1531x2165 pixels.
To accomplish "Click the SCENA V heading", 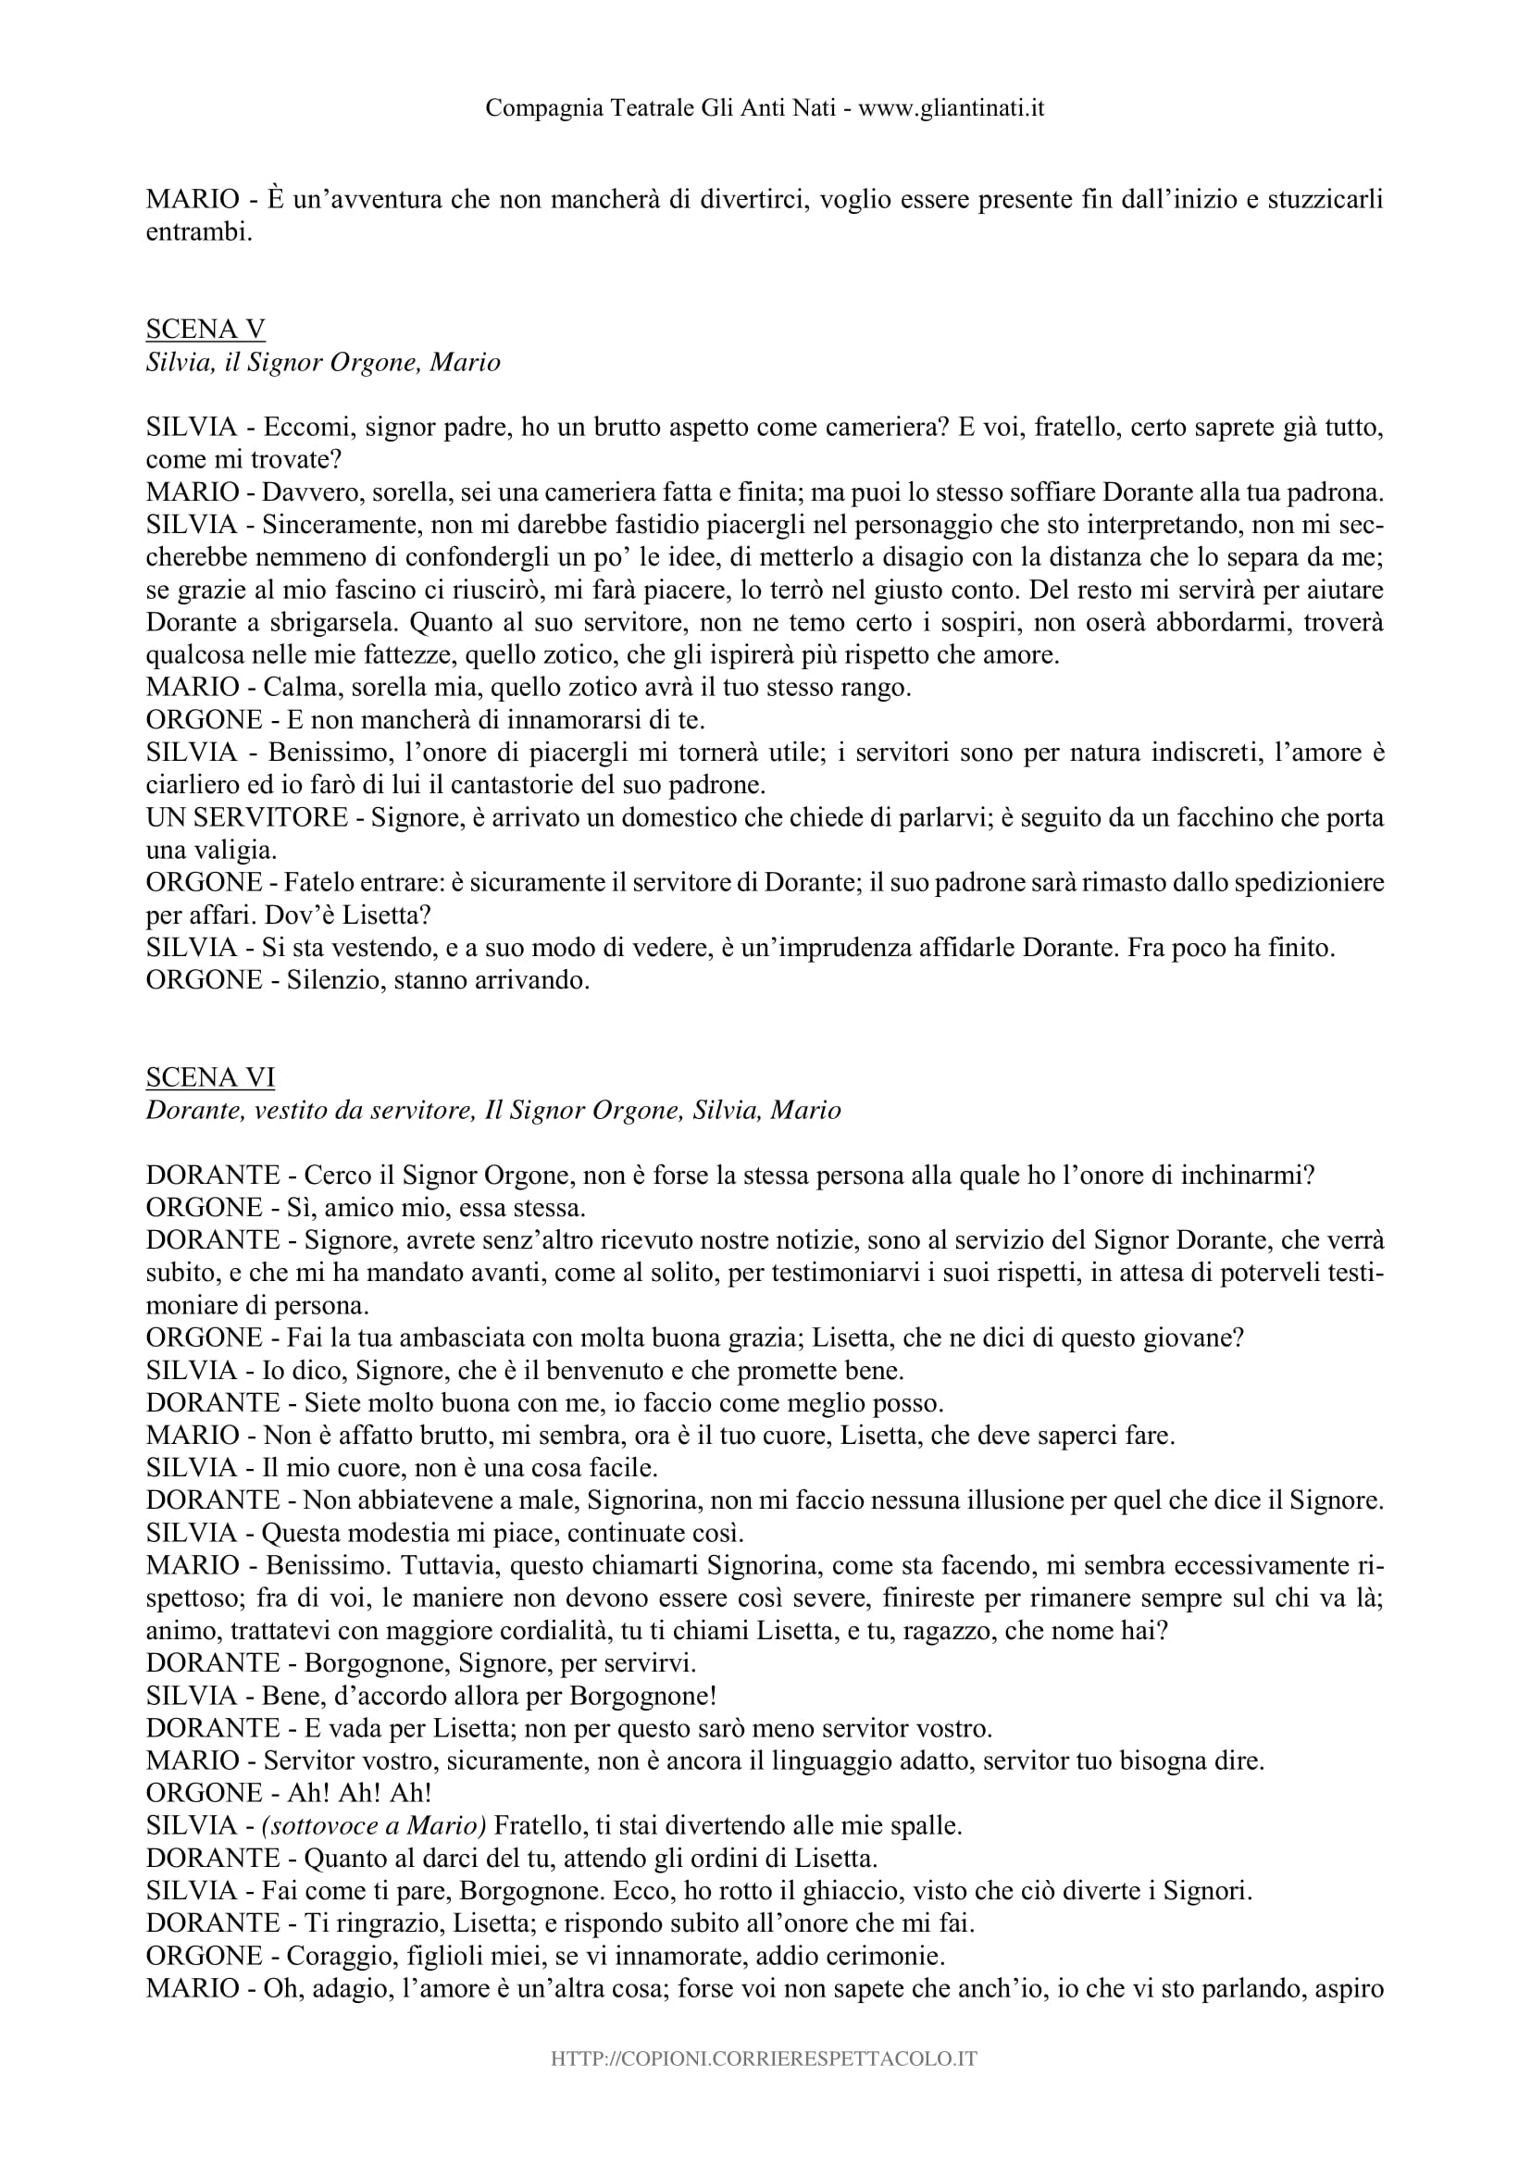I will [x=205, y=330].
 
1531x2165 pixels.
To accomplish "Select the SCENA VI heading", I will [x=210, y=1076].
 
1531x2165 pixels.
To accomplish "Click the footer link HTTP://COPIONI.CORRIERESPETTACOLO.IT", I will [x=765, y=2084].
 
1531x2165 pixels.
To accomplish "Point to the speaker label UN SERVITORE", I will [x=247, y=816].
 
